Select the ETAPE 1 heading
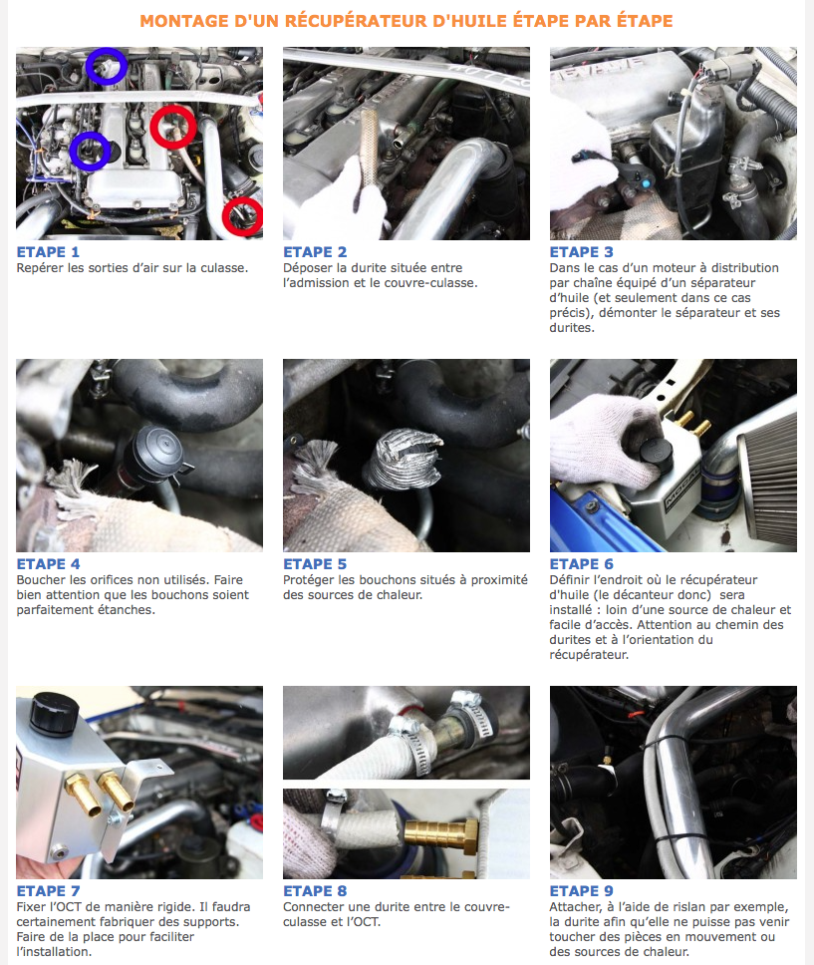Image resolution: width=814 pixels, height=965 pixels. point(48,252)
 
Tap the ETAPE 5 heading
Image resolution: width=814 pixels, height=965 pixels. point(315,564)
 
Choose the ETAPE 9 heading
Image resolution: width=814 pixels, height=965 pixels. point(582,891)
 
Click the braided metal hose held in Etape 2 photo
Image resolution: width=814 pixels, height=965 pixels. point(371,148)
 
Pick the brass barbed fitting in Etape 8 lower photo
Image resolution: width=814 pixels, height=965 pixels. point(441,835)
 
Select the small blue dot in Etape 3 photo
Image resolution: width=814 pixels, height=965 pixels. point(646,182)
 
